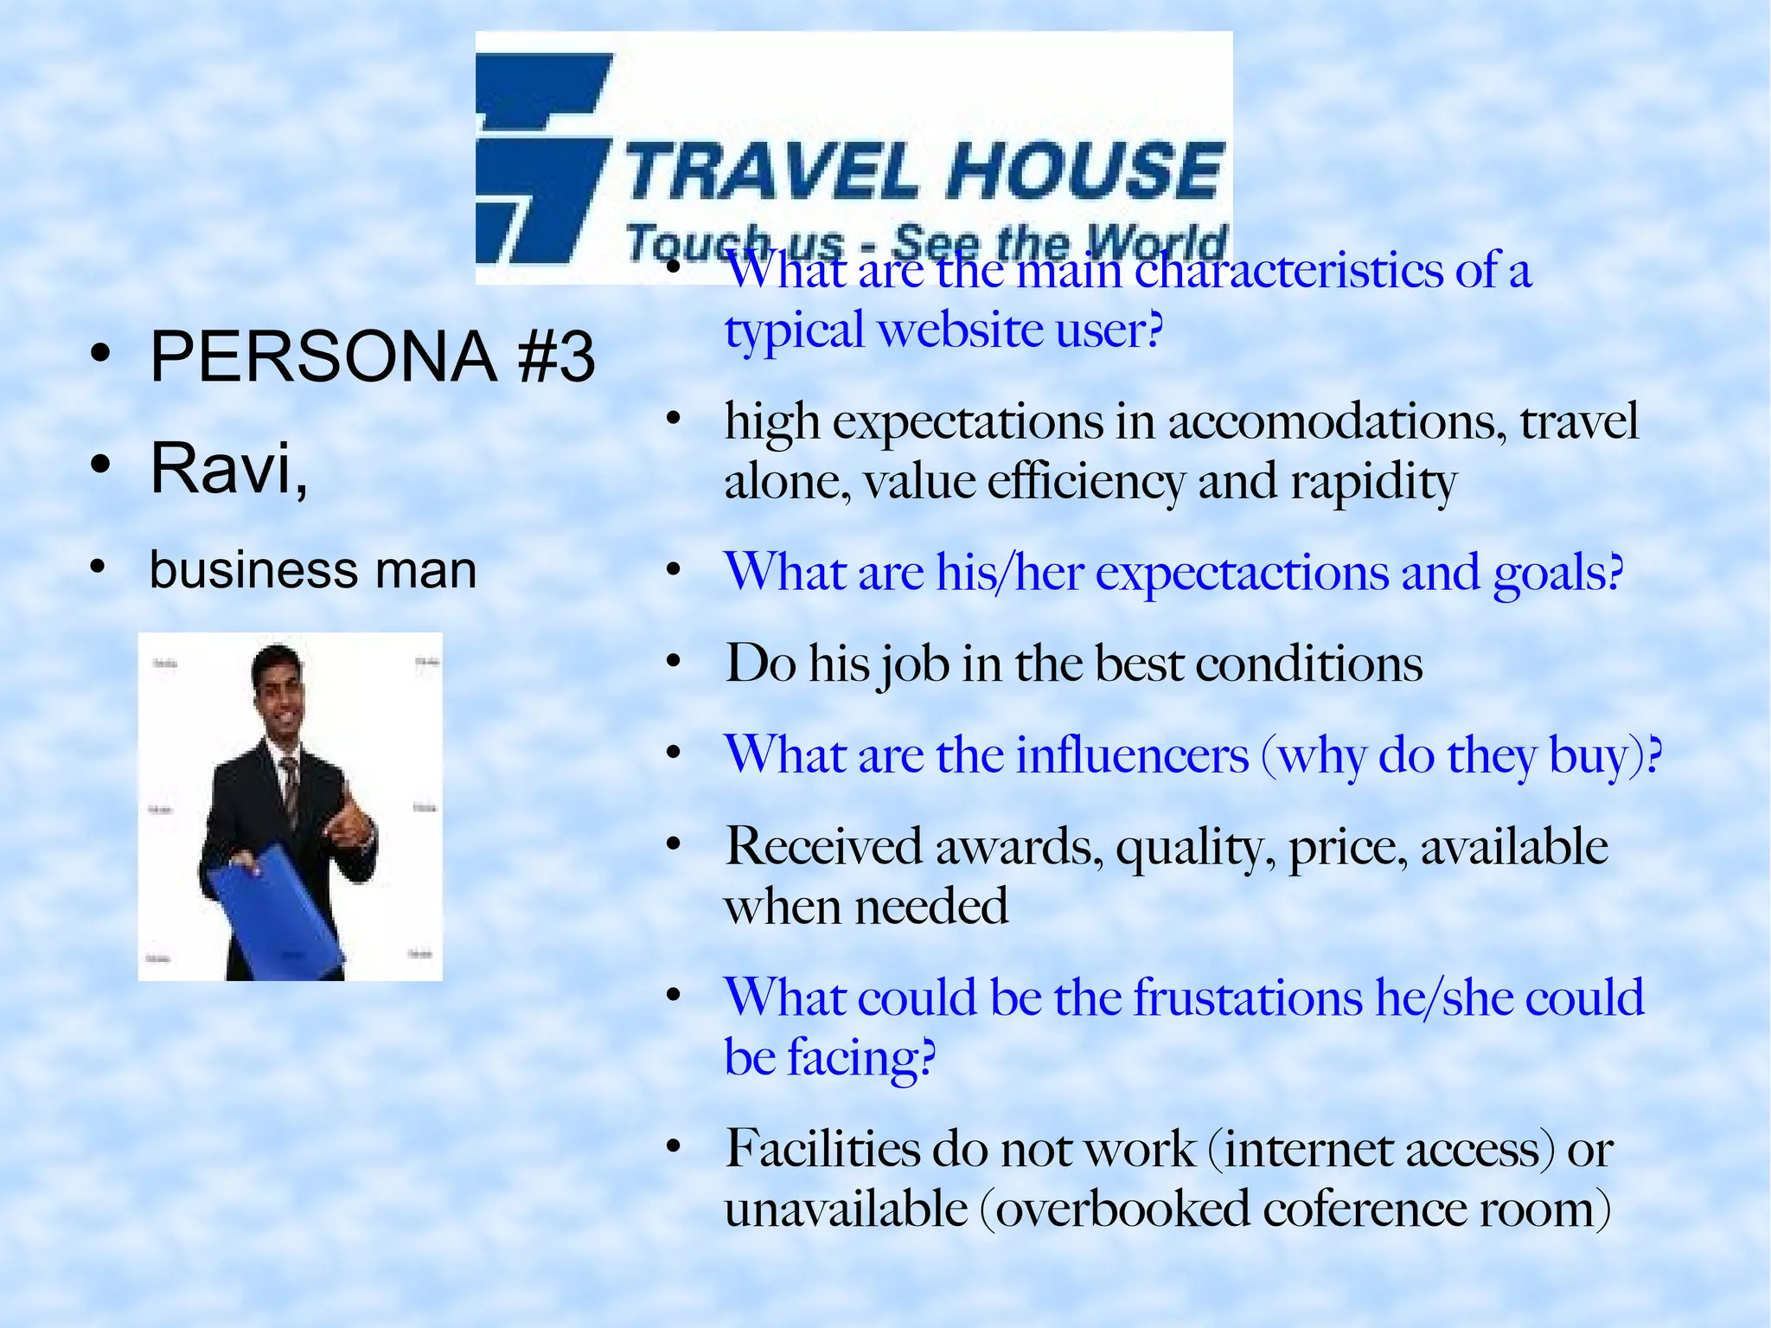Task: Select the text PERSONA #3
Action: [372, 357]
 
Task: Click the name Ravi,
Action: [228, 468]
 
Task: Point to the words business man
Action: [312, 570]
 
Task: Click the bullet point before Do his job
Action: [675, 663]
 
